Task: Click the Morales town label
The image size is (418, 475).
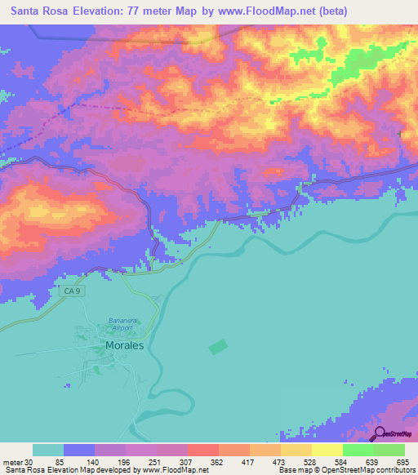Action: point(124,345)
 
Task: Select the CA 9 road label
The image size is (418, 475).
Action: point(73,291)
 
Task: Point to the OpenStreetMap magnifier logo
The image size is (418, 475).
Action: point(380,434)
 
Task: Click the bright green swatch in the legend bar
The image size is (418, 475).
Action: point(358,450)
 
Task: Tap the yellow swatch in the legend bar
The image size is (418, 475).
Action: point(327,450)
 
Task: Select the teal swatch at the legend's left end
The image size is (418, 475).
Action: point(48,450)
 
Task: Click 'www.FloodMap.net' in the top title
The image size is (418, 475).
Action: point(258,11)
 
